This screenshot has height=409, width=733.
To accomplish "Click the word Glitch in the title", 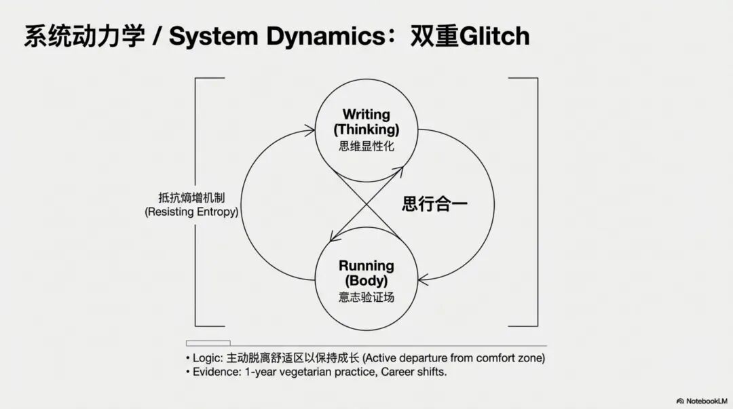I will pos(495,36).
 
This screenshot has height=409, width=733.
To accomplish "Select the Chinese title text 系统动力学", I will pos(84,36).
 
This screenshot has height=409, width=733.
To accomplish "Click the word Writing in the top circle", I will pos(366,114).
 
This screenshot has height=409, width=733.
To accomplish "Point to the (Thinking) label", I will pos(366,129).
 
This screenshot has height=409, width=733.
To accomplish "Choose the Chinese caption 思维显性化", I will pos(366,145).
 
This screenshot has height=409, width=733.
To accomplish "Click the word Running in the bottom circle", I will pos(366,265).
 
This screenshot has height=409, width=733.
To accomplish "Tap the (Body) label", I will pos(366,280).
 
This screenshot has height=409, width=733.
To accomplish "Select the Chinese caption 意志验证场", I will pos(366,296).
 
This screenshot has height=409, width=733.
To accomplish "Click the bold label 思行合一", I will pos(435,203).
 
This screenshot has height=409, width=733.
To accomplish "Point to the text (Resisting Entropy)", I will pos(191,212).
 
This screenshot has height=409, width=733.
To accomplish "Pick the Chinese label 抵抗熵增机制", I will pos(191,197).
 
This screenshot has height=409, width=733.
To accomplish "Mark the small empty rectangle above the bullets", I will pos(208,343).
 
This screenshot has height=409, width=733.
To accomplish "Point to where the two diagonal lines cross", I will pos(366,203).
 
